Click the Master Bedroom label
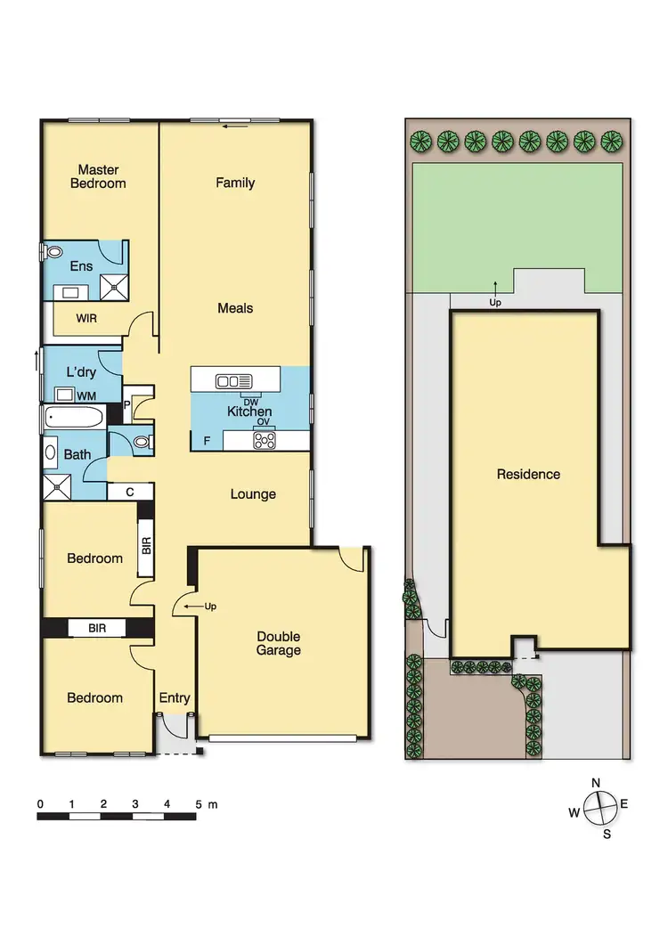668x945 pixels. coord(102,176)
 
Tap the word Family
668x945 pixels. coord(235,183)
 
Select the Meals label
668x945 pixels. coord(235,308)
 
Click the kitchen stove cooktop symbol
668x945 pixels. coord(265,439)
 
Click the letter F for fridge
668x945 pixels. coord(208,440)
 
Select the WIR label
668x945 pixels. coord(87,317)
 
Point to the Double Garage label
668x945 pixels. coord(279,643)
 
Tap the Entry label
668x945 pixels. coord(175,697)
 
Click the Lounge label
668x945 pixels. coord(253,494)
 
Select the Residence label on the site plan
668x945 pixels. coord(528,474)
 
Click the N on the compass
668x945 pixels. coord(596,783)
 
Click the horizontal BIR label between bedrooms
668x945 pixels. coord(98,628)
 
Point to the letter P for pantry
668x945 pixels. coord(127,403)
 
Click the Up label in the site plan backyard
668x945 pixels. coord(496,302)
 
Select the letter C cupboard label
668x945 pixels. coord(130,491)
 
